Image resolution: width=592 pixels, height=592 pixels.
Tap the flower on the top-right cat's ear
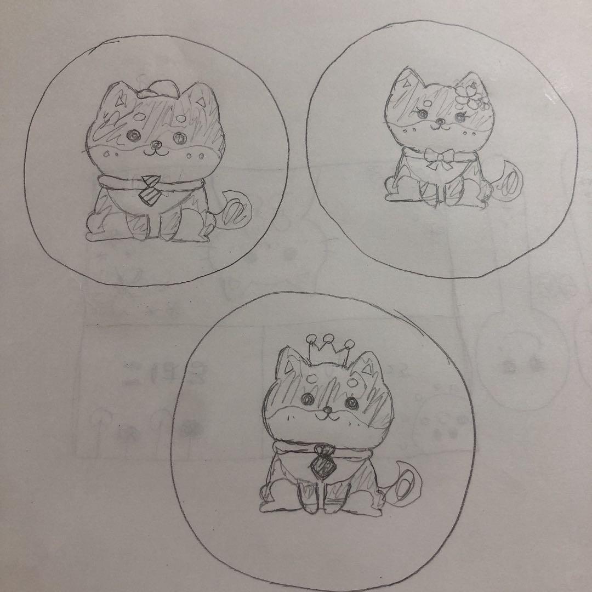point(469,94)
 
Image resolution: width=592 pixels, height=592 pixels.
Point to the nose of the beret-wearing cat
point(156,145)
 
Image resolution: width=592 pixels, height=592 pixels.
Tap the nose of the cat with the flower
point(437,121)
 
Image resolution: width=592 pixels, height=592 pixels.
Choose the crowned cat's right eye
point(351,403)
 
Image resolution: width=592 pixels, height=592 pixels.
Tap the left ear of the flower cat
point(406,82)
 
